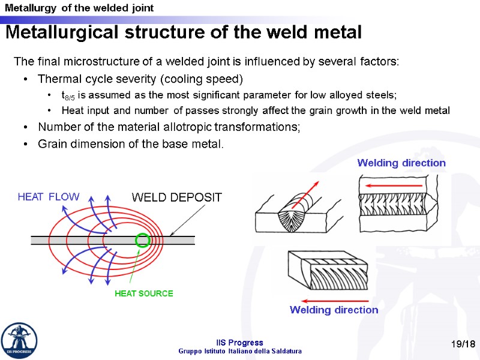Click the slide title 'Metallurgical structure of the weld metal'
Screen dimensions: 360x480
[x=184, y=32]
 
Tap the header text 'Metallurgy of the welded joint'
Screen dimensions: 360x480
[x=79, y=8]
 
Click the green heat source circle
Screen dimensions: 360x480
[x=142, y=241]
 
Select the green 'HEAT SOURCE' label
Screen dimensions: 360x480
[x=143, y=293]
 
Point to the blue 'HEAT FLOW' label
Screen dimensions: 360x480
[x=48, y=197]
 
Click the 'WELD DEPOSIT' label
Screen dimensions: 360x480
[x=176, y=197]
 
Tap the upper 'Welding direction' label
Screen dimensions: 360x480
[x=401, y=163]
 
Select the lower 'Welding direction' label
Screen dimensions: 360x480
[x=334, y=310]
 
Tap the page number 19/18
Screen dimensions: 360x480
[x=463, y=343]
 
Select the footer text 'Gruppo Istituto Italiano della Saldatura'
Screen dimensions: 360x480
[x=240, y=351]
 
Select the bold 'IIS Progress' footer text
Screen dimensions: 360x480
[x=240, y=343]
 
